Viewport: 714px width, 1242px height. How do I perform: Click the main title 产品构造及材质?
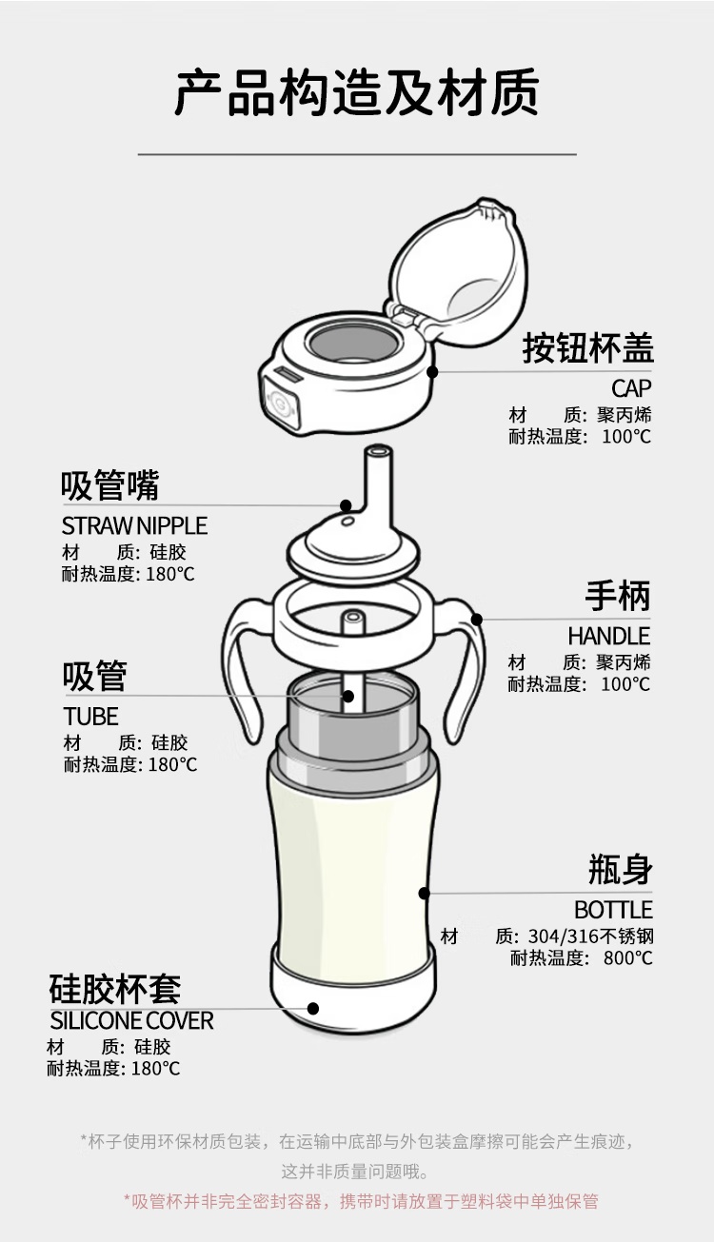357,92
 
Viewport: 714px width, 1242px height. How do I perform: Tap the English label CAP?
631,388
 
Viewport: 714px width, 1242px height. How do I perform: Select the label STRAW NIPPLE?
134,525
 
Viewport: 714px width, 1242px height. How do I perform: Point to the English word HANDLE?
608,636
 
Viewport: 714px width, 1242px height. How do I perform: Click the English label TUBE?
90,717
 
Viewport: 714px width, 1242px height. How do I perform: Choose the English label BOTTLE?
613,910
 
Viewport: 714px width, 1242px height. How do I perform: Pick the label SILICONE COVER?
131,1021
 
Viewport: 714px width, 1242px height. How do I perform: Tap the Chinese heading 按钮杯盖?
587,348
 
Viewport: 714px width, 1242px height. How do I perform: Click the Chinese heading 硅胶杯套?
115,989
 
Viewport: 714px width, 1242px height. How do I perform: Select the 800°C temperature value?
628,958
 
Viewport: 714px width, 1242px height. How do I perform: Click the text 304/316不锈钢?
590,936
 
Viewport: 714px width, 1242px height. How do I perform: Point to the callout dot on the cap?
433,371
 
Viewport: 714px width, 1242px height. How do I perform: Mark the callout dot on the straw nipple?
346,505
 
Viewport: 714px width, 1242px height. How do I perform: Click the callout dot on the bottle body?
425,894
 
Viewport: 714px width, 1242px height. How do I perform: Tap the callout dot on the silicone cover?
313,1009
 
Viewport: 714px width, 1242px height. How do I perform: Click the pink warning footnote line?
361,1201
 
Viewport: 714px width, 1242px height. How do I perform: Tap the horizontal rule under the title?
357,153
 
